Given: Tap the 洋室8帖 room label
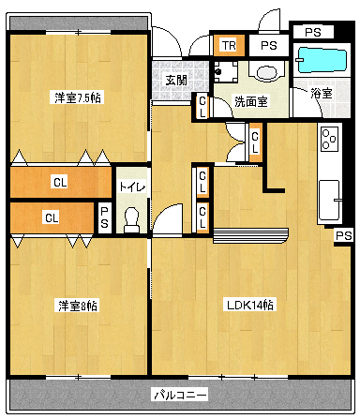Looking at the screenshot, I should tap(77, 306).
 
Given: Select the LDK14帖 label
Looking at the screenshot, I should tap(249, 305).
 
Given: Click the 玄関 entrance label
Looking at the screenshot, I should tap(175, 80).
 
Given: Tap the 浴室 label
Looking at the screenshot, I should tap(321, 92).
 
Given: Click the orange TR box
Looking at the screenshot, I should tap(229, 45).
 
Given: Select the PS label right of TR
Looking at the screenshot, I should tap(269, 45).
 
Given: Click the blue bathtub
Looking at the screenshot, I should tap(321, 62).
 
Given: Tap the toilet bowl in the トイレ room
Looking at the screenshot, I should tap(131, 218).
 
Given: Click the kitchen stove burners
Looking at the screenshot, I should tap(329, 138).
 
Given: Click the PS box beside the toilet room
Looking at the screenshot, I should tap(104, 217).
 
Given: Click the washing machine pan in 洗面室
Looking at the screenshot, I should tap(226, 71).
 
